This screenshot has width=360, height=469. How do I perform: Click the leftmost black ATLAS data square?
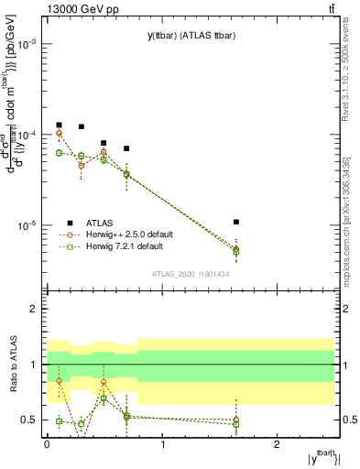[x=59, y=125]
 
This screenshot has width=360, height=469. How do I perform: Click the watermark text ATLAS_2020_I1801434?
[x=190, y=275]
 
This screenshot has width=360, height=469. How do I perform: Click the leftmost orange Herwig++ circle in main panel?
[x=59, y=133]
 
